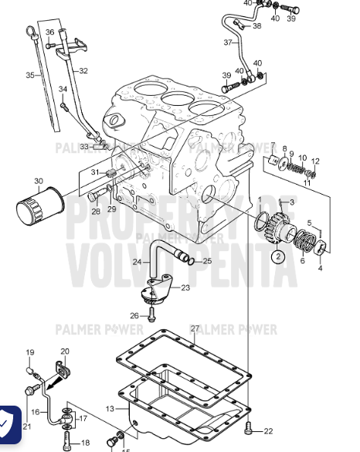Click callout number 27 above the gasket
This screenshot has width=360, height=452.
click(x=195, y=328)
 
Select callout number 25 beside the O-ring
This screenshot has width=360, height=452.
click(x=206, y=261)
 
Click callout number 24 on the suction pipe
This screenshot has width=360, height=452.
click(x=136, y=262)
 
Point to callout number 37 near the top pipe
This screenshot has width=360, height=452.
click(x=228, y=42)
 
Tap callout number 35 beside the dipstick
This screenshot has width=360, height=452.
click(x=30, y=75)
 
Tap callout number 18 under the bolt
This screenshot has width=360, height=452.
click(x=85, y=443)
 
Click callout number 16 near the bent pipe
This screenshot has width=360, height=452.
click(x=35, y=413)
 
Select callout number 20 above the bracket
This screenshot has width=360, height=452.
click(x=65, y=351)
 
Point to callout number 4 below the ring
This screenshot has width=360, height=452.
click(x=321, y=269)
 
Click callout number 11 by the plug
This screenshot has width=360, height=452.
click(x=307, y=182)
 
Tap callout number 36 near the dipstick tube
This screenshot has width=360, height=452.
click(x=50, y=32)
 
